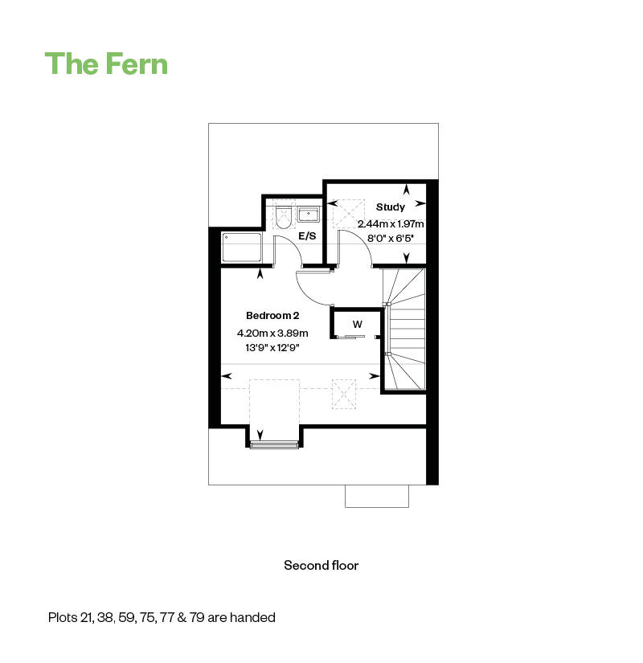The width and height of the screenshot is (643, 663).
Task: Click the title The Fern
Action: click(x=106, y=63)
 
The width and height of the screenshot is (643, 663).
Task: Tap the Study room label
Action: click(x=391, y=207)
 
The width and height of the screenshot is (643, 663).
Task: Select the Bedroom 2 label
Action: click(x=272, y=316)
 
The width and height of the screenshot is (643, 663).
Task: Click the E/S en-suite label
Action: click(x=307, y=236)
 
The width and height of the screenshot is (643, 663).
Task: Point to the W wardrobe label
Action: click(x=358, y=325)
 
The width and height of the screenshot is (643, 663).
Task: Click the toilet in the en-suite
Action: click(x=283, y=217)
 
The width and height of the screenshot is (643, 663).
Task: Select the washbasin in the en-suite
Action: click(x=309, y=215)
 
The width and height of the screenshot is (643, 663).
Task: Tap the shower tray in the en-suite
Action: click(x=242, y=248)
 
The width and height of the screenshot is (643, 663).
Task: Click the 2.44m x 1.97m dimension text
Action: click(x=391, y=223)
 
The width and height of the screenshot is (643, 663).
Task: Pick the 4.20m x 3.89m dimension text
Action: click(x=272, y=334)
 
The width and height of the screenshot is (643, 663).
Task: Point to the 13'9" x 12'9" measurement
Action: click(x=272, y=348)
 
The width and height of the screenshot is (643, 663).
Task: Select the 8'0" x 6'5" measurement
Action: click(x=390, y=239)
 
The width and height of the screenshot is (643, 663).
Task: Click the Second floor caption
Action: click(x=321, y=565)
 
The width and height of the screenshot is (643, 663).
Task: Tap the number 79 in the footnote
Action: click(x=197, y=617)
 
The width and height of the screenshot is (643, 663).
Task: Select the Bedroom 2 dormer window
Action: click(x=274, y=444)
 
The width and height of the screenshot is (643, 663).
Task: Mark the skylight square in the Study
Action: click(x=349, y=214)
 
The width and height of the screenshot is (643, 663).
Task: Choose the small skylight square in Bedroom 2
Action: click(x=344, y=394)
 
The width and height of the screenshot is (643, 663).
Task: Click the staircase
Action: click(x=404, y=329)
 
